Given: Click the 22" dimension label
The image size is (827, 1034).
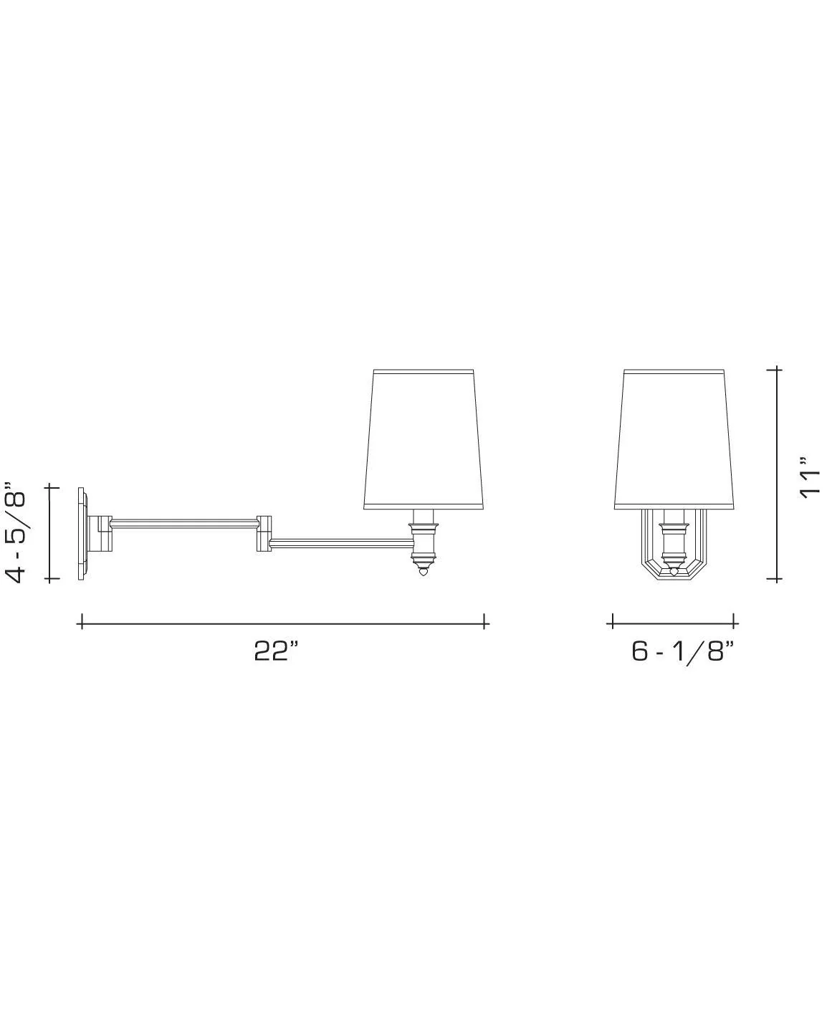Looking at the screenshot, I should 275,651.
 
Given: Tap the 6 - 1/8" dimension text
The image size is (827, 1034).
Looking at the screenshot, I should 683,651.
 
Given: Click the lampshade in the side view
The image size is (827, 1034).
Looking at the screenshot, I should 424,439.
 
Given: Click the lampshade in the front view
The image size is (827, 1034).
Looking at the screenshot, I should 674,439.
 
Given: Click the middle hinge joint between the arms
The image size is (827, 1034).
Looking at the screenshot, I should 263,533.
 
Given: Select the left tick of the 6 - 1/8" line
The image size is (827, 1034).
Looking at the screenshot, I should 613,621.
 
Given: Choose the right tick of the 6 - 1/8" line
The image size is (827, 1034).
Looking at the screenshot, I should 735,621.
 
